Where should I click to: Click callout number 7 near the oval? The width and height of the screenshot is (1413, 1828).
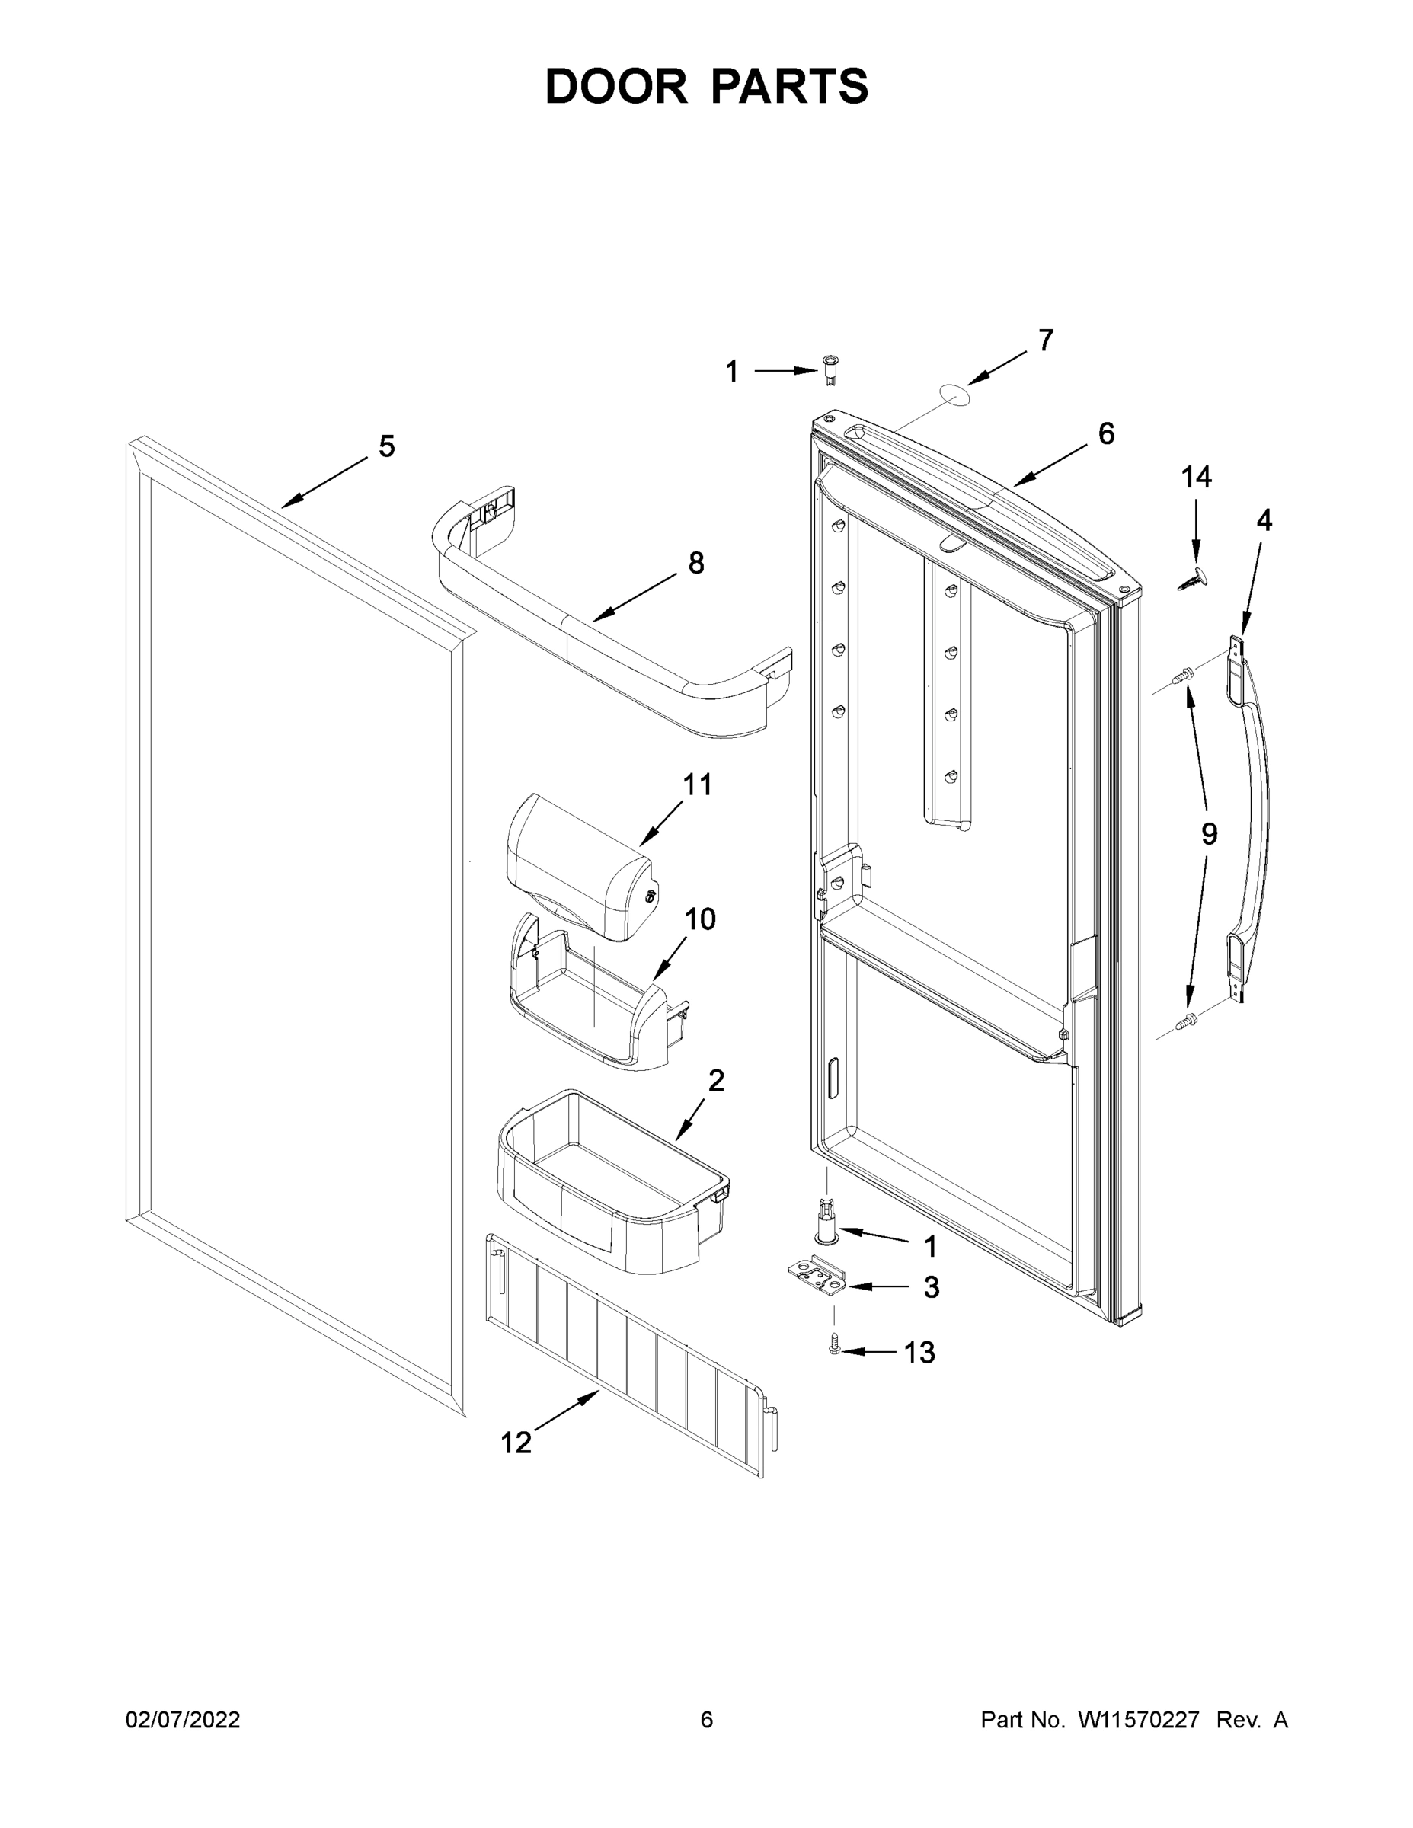(1046, 340)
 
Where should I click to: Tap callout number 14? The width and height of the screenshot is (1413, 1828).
(1195, 478)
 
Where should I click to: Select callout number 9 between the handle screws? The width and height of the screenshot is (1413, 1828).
(1209, 834)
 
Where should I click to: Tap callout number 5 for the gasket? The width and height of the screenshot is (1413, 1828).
(386, 447)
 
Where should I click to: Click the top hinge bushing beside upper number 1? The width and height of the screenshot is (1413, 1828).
(830, 371)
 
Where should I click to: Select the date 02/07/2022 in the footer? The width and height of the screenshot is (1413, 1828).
(183, 1720)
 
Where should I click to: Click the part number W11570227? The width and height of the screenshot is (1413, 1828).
(1139, 1720)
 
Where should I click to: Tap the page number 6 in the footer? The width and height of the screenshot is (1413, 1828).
(707, 1720)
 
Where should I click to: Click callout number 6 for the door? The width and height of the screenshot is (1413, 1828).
(1106, 433)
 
